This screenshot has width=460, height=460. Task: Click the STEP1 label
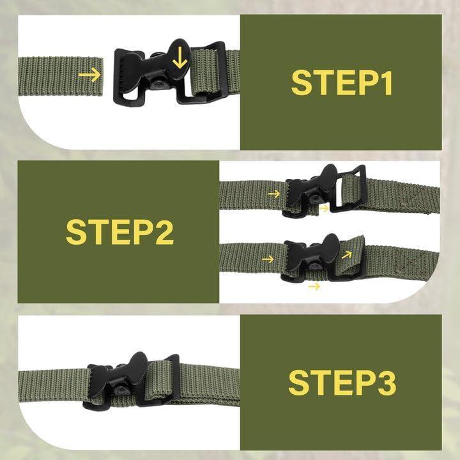341,82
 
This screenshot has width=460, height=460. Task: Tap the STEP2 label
119,232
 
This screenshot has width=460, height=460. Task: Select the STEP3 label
342,382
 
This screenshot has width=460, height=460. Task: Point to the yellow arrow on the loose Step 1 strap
89,75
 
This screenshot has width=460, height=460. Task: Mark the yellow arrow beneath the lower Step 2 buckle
314,286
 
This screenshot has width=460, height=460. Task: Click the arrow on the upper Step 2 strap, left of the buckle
273,193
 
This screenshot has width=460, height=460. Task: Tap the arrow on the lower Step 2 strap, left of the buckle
268,259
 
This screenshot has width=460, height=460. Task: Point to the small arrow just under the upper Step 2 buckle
324,208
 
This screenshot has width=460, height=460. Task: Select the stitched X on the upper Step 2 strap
406,195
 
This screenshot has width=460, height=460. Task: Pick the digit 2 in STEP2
161,232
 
